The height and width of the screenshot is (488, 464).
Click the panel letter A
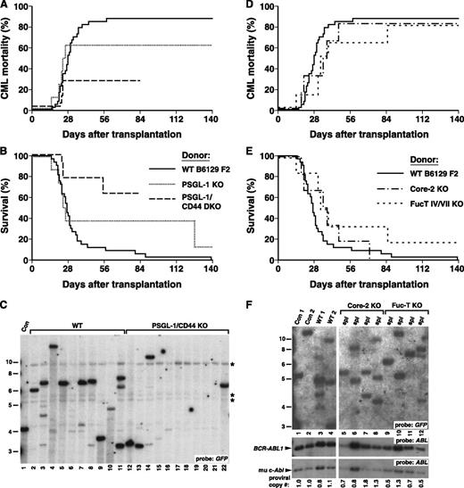[x=7, y=7]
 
